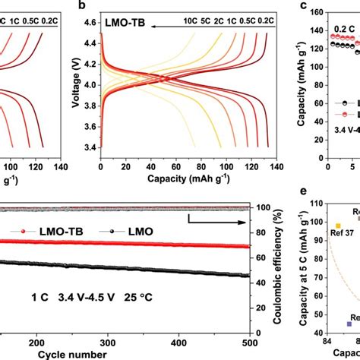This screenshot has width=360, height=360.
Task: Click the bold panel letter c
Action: click(304, 8)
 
